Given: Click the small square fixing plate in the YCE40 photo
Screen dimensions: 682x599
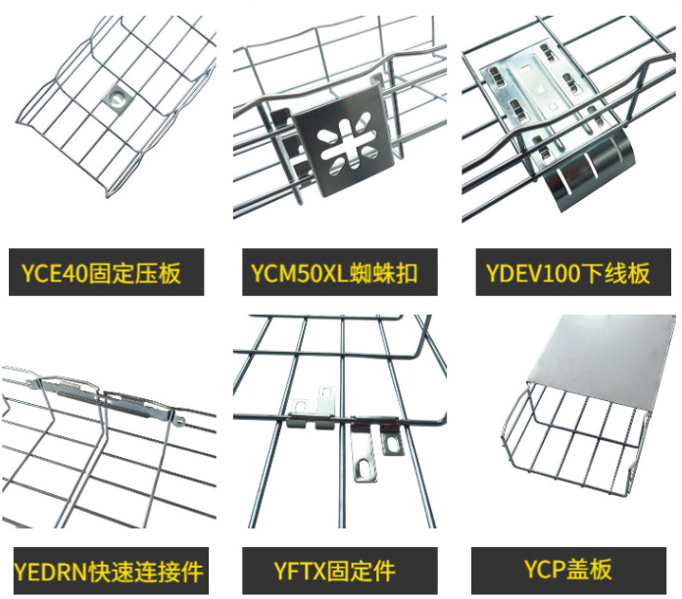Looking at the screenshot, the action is click(x=117, y=97).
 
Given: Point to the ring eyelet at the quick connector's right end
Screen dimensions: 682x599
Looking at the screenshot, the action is click(x=179, y=422).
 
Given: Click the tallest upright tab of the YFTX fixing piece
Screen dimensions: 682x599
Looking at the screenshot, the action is click(x=326, y=402).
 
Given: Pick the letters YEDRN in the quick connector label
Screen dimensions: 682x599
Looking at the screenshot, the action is click(x=50, y=572).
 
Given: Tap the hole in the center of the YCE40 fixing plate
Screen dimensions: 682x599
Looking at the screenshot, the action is click(x=117, y=95).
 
